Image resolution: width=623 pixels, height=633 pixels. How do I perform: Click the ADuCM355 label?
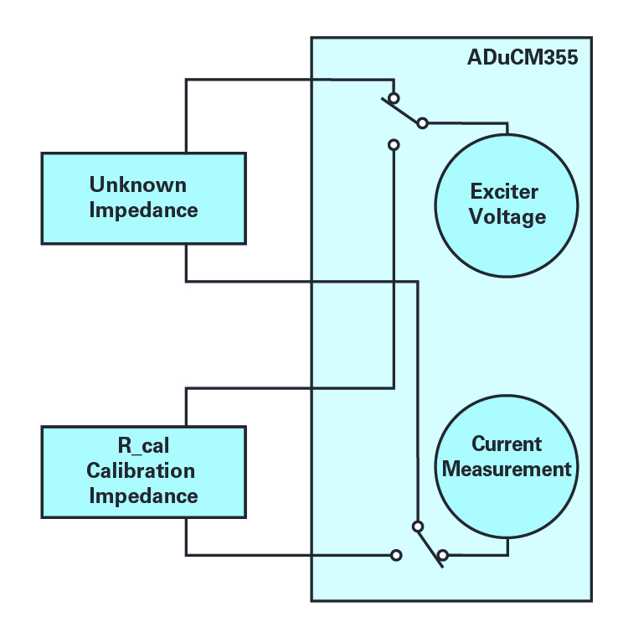point(523,57)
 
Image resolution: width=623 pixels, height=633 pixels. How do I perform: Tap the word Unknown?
point(138,185)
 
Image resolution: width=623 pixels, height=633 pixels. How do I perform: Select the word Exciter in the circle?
point(504,191)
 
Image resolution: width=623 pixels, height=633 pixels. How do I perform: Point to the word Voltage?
point(507,217)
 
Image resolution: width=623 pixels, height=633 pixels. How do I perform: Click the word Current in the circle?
point(507,444)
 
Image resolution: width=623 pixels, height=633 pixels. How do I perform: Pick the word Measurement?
point(507,470)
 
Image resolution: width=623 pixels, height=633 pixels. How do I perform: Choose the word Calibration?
point(141,470)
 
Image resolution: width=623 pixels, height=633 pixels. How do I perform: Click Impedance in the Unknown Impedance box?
point(143,210)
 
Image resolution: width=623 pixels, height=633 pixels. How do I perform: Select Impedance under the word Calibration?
point(143,496)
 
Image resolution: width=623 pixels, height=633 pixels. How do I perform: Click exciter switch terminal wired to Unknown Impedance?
point(394,98)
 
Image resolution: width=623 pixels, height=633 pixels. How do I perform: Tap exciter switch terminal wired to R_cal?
point(394,144)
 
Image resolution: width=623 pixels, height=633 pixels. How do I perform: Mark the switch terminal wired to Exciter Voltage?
point(422,122)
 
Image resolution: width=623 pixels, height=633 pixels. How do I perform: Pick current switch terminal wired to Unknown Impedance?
point(418,527)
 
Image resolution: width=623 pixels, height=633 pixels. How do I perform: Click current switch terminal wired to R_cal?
point(396,555)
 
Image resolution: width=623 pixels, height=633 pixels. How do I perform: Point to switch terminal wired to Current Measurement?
point(442,555)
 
